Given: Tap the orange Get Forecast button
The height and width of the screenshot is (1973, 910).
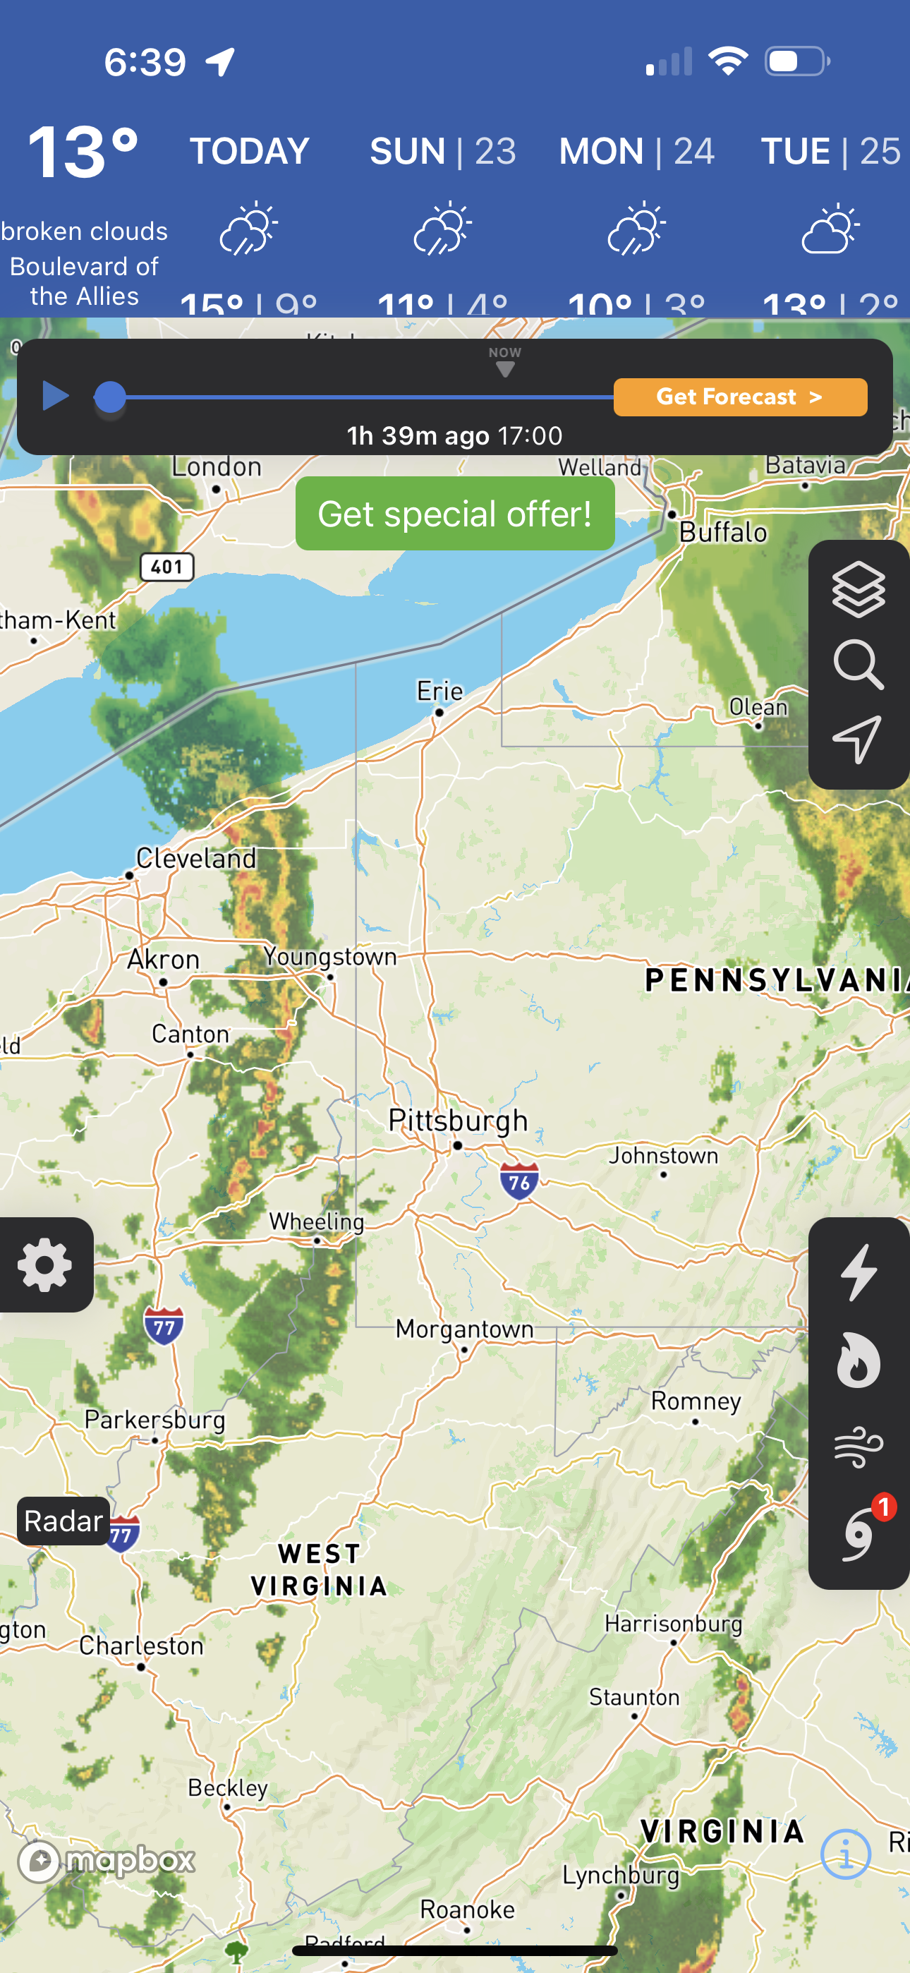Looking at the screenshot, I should click(740, 397).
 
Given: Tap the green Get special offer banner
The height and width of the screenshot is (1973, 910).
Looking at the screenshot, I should click(455, 513).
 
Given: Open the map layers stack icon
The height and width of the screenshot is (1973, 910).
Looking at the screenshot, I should click(858, 589).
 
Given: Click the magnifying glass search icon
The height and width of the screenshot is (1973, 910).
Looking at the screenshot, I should click(858, 665).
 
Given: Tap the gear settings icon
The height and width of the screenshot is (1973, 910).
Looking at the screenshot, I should click(45, 1265).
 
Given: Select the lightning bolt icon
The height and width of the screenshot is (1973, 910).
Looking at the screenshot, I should click(858, 1272).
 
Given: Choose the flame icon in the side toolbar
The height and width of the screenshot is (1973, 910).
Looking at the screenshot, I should click(858, 1360).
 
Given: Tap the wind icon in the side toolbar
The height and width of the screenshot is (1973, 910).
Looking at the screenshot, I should click(858, 1447).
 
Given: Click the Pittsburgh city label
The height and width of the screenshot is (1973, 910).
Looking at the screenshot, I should click(458, 1121).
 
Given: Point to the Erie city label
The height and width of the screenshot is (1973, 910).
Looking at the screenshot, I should click(439, 692).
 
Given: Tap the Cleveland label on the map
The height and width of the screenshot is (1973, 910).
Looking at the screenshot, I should click(196, 859).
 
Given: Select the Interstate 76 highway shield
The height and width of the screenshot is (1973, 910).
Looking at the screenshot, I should click(519, 1182).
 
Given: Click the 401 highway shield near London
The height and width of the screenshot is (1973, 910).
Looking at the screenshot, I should click(167, 567).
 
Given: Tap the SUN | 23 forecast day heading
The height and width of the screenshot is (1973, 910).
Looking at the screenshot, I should click(443, 151).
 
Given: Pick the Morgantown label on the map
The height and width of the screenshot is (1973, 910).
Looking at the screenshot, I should click(464, 1329).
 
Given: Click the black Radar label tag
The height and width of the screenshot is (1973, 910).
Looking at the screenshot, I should click(63, 1521).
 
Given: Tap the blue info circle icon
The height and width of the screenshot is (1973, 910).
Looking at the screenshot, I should click(846, 1854).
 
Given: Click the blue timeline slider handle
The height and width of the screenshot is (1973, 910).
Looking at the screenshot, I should click(109, 397).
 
